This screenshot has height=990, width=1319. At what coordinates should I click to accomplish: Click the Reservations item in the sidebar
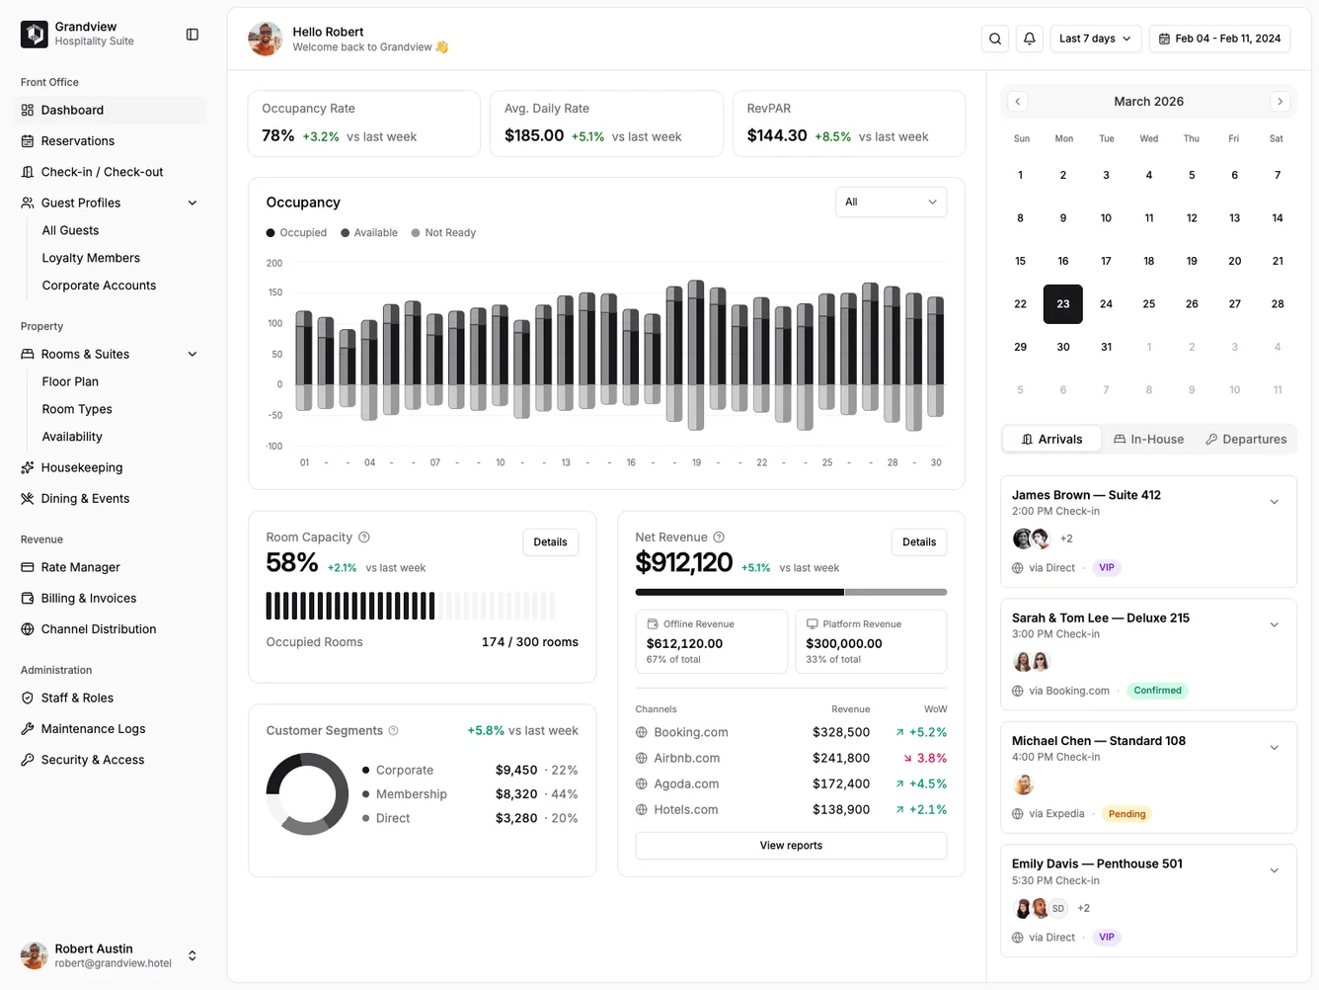[x=77, y=141]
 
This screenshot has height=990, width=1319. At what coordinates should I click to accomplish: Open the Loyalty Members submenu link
[x=91, y=258]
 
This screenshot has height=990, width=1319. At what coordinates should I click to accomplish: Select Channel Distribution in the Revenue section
[x=98, y=629]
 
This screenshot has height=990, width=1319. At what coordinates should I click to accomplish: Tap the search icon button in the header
[x=995, y=39]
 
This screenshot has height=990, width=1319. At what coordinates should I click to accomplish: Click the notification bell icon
[x=1029, y=39]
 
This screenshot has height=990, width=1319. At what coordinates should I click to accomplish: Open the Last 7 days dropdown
[x=1095, y=39]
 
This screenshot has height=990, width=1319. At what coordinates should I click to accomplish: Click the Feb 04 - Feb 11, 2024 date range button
[x=1219, y=39]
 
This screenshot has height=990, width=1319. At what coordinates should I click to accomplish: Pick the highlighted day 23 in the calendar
[x=1062, y=304]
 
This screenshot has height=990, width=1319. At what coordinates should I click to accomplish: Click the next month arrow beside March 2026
[x=1280, y=102]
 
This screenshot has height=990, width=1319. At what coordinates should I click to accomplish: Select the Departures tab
[x=1246, y=440]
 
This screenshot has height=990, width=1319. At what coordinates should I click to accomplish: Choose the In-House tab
[x=1149, y=440]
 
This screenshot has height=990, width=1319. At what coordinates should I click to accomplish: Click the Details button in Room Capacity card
[x=550, y=542]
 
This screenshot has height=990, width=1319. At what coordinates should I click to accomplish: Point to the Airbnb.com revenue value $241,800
[x=840, y=759]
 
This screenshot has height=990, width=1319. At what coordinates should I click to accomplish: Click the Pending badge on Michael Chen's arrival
[x=1126, y=814]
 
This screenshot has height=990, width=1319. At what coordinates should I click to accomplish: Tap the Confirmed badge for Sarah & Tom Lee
[x=1157, y=691]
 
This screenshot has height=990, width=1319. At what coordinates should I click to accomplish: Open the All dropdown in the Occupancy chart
[x=891, y=203]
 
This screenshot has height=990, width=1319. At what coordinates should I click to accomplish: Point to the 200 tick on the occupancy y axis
[x=274, y=264]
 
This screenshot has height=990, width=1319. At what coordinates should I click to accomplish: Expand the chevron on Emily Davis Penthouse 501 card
[x=1274, y=870]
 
